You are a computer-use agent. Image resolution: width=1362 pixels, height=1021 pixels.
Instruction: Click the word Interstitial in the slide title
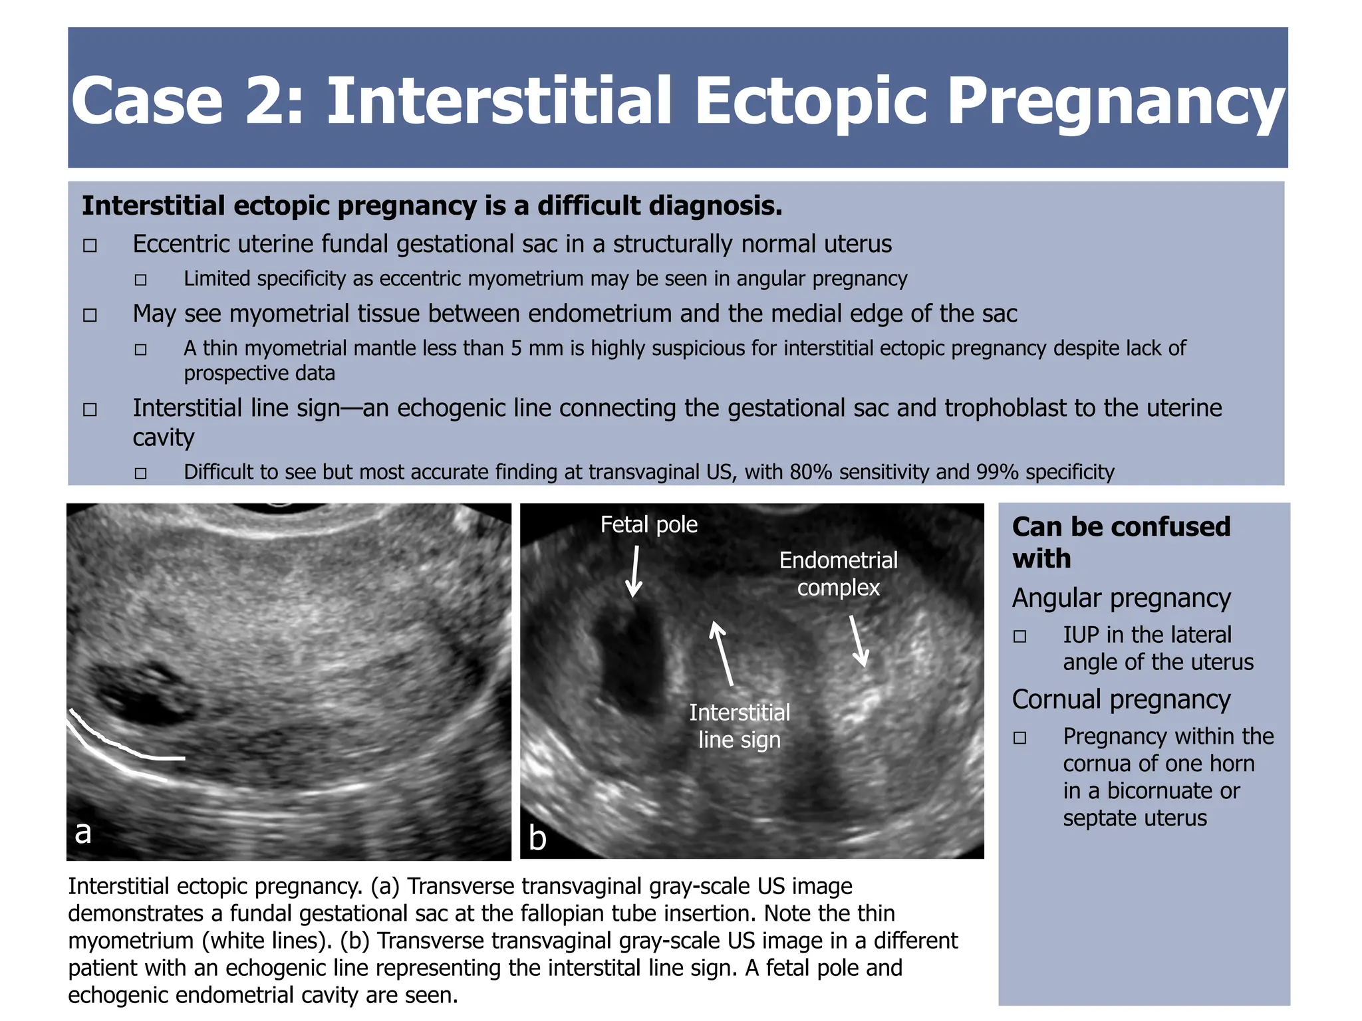tap(499, 101)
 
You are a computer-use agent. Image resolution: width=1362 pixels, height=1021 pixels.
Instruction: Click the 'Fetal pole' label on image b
tap(648, 525)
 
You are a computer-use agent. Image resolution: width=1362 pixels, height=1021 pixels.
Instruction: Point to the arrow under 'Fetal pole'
tap(634, 571)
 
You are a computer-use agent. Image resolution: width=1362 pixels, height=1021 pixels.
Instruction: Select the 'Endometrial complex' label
tap(838, 574)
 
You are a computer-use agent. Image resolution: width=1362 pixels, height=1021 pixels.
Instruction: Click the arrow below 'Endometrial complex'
tap(859, 641)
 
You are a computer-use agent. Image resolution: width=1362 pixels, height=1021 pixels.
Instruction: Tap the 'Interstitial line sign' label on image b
tap(740, 726)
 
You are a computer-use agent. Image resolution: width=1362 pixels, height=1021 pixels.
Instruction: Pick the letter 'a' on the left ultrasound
tap(82, 832)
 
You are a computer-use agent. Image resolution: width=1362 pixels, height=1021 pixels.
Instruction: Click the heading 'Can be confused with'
tap(1121, 542)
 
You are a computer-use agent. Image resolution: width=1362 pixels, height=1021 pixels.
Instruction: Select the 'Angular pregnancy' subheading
tap(1121, 598)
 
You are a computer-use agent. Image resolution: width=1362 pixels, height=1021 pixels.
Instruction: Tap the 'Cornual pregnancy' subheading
tap(1121, 699)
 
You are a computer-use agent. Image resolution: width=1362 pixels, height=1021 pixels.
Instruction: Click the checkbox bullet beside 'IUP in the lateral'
tap(1020, 637)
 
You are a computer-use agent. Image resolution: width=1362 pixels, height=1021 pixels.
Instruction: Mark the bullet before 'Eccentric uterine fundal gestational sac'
tap(90, 246)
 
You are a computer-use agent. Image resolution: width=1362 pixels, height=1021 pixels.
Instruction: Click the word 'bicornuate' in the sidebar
tap(1173, 791)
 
